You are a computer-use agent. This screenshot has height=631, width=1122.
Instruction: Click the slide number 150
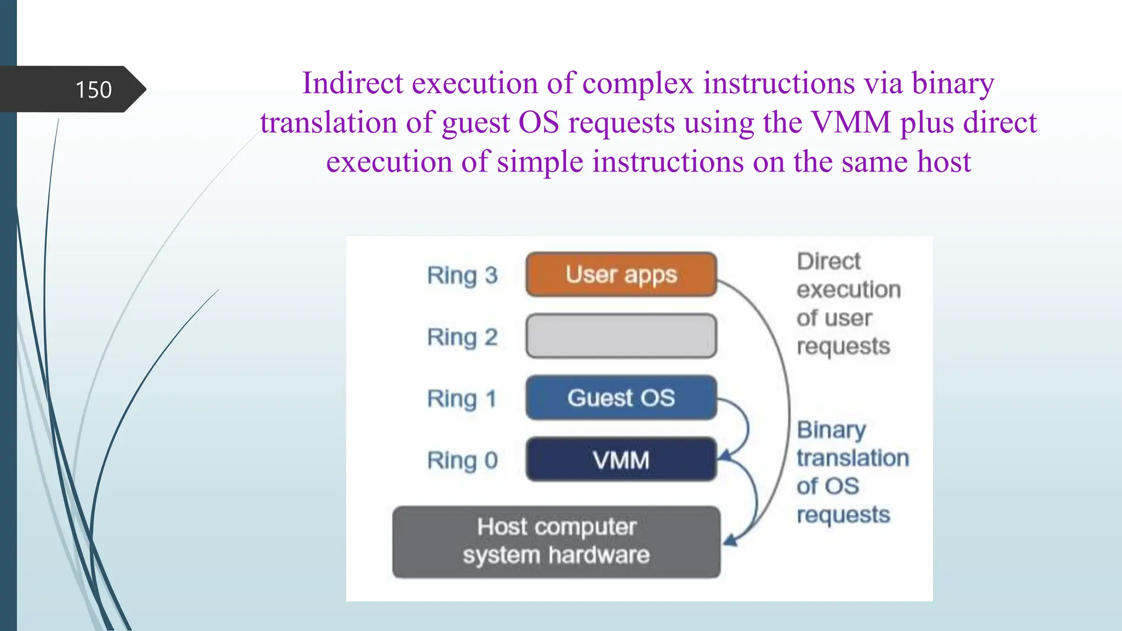[x=93, y=90]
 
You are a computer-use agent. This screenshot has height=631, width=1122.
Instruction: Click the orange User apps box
[x=621, y=274]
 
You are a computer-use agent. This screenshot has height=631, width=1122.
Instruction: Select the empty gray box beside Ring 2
[x=621, y=336]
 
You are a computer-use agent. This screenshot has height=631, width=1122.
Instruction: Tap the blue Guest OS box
[x=621, y=398]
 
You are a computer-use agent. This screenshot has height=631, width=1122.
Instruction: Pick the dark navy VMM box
[x=621, y=460]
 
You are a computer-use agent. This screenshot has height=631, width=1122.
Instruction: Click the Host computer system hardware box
[x=556, y=541]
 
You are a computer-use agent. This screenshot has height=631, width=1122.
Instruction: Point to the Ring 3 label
[x=462, y=275]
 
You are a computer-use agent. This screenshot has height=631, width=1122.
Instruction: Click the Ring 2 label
[x=462, y=337]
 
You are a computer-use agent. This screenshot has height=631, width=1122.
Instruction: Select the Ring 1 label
[x=462, y=398]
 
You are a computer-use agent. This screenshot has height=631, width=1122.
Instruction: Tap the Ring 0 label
[x=462, y=460]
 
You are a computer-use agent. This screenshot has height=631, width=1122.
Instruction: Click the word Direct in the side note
[x=828, y=261]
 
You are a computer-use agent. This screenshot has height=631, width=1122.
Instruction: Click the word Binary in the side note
[x=831, y=430]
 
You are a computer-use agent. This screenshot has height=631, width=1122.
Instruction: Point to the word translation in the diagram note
[x=852, y=458]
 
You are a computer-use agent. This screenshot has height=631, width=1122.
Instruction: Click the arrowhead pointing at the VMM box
[x=725, y=455]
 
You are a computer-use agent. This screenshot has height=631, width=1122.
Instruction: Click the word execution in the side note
[x=848, y=290]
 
